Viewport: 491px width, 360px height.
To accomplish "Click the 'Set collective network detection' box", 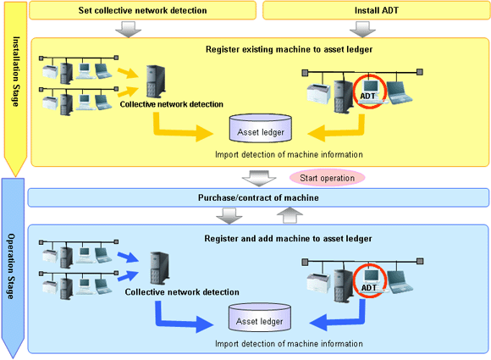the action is click(x=142, y=10).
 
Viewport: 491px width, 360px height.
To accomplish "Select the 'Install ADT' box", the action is click(x=377, y=10).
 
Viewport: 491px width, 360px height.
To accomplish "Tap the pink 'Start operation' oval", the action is click(x=328, y=178).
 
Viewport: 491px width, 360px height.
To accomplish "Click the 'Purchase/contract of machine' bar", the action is click(x=258, y=197).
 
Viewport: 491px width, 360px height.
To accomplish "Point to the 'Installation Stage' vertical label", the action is click(x=16, y=71).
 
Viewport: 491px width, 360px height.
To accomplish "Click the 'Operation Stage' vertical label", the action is click(x=11, y=266).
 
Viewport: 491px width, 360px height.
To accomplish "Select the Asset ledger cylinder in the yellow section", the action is click(x=261, y=129).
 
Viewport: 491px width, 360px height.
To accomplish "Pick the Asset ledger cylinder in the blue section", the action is click(x=260, y=318).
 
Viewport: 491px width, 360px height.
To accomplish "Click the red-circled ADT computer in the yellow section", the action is click(x=370, y=91).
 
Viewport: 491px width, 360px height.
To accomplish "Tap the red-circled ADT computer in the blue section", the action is click(x=370, y=280).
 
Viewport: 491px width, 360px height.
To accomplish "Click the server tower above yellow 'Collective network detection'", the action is click(x=156, y=81).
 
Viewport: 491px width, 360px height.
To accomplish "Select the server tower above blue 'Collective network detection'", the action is click(x=160, y=269).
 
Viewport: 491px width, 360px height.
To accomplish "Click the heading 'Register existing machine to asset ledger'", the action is click(x=289, y=49).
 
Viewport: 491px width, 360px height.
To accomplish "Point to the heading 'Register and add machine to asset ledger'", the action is click(x=288, y=239).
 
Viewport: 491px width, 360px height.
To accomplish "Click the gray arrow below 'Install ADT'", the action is click(x=362, y=30).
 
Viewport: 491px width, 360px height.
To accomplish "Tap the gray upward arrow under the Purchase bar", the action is click(x=290, y=215).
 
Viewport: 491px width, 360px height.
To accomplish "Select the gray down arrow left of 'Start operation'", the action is click(x=259, y=178).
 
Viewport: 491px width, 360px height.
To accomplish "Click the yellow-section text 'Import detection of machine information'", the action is click(x=289, y=154).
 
